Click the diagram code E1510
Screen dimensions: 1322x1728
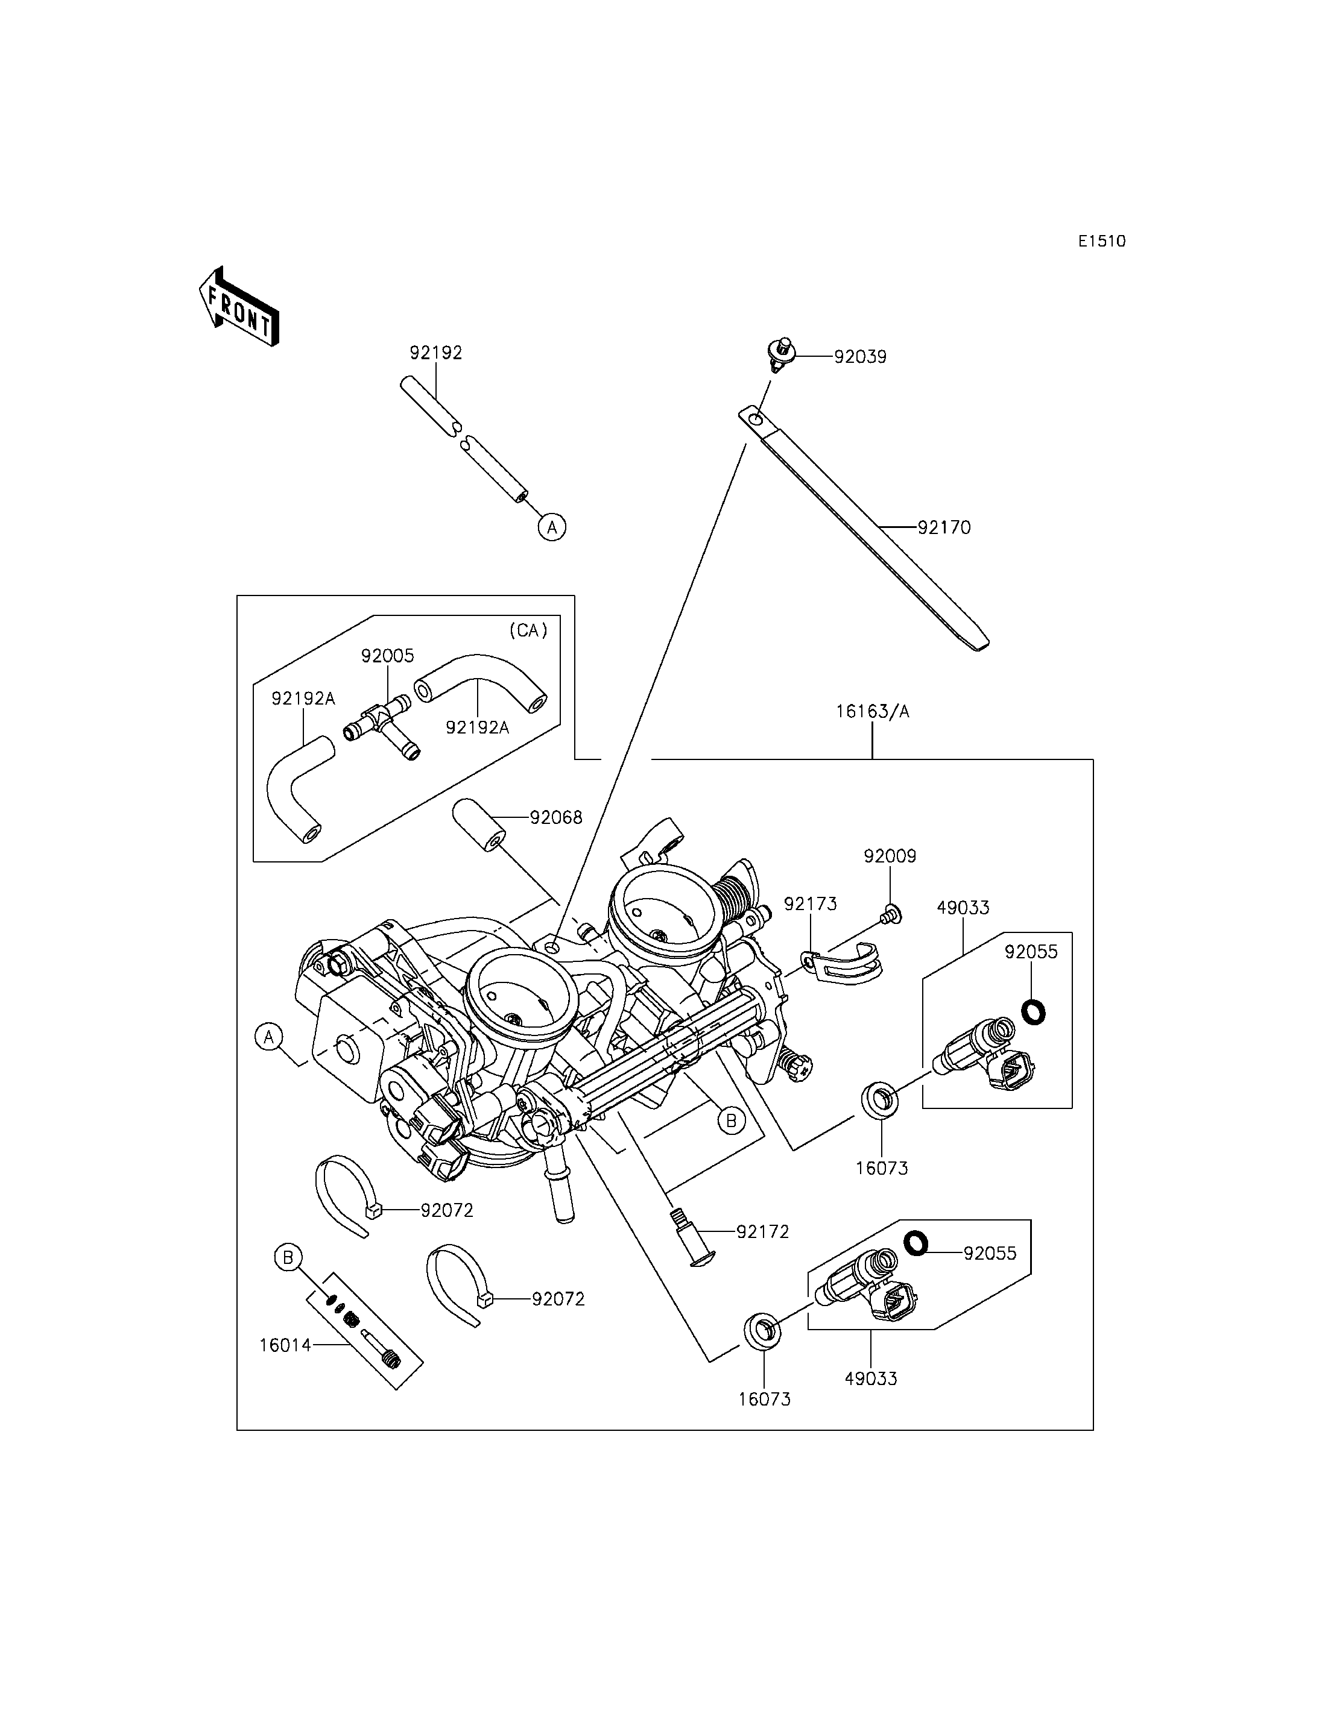click(1102, 242)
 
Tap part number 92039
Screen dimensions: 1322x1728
click(860, 357)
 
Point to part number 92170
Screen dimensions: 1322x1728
click(944, 528)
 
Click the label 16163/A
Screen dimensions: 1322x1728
click(872, 712)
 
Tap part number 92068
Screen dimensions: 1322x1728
click(555, 818)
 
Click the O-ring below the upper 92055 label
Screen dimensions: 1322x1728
click(1033, 1012)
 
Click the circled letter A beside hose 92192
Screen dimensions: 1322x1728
click(552, 527)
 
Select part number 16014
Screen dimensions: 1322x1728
click(286, 1346)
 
